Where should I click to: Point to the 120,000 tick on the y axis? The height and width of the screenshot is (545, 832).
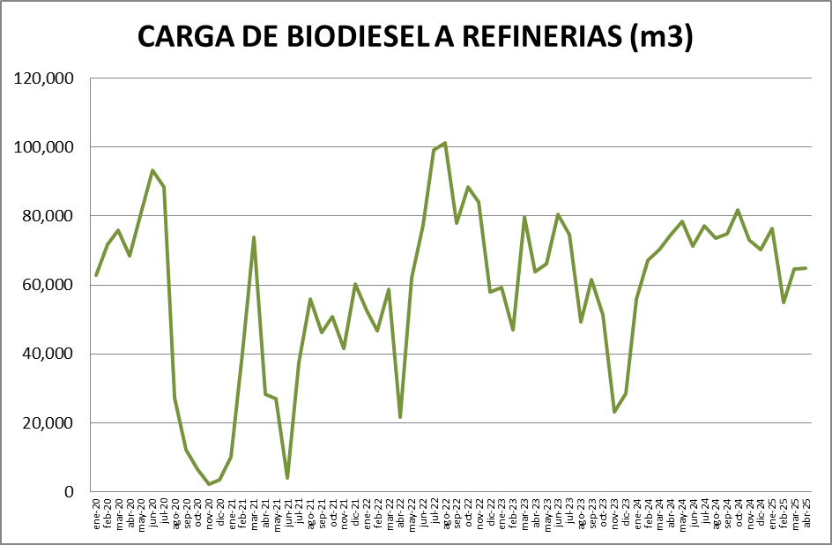coord(45,78)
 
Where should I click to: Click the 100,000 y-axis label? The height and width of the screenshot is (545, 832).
coord(45,147)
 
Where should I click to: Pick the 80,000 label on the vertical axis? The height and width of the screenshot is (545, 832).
coord(48,216)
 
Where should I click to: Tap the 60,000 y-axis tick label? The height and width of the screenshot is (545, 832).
coord(48,285)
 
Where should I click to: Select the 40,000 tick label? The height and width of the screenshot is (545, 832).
coord(48,354)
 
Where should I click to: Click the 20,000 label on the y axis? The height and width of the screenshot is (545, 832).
coord(48,422)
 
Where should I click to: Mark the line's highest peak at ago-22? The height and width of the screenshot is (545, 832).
coord(445,143)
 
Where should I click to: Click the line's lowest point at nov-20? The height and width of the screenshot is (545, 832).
coord(209,484)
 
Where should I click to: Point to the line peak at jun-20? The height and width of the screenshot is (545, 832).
coord(152,170)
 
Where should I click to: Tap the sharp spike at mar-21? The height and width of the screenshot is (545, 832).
coord(254,237)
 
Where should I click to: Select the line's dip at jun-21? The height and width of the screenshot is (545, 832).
coord(287,478)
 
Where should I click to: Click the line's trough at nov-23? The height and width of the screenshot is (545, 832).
coord(614,412)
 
